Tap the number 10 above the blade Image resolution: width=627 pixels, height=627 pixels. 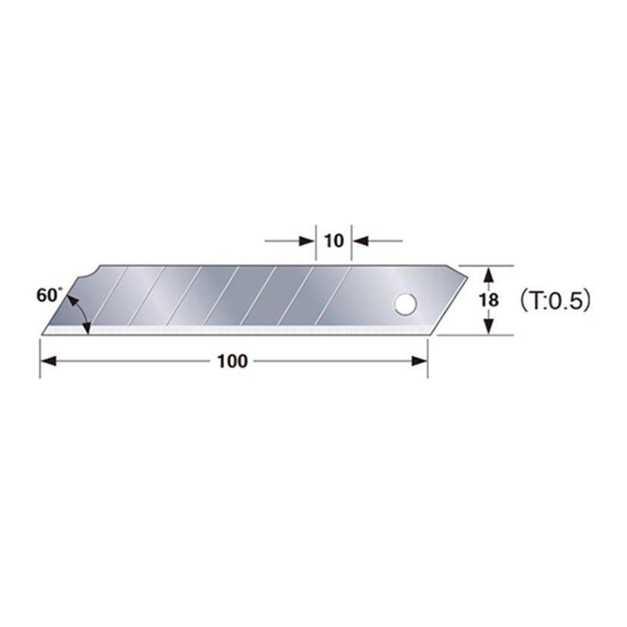click(334, 241)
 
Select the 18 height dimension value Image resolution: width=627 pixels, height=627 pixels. click(490, 299)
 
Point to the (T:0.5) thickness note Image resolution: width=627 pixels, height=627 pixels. click(554, 299)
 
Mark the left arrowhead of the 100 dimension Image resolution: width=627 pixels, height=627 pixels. click(47, 362)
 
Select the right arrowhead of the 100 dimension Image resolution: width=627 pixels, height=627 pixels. click(421, 362)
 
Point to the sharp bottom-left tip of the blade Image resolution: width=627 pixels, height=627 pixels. click(42, 333)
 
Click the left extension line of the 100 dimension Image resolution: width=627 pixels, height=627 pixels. click(40, 356)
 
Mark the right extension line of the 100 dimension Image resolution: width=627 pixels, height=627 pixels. click(428, 356)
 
